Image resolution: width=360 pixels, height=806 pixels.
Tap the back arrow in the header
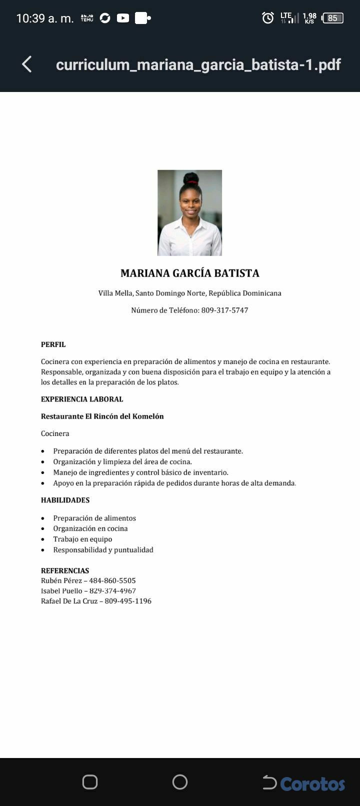coord(27,64)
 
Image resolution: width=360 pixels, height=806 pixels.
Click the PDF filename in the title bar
coord(198,64)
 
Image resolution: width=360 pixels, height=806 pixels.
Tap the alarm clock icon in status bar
coord(268,18)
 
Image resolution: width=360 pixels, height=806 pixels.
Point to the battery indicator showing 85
coord(333,18)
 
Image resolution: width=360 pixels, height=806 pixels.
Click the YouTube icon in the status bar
coord(123,18)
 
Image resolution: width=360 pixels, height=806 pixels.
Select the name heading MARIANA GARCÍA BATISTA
coord(189,273)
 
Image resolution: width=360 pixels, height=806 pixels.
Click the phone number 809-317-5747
coord(224,310)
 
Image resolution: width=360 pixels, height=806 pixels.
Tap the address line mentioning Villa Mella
coord(189,293)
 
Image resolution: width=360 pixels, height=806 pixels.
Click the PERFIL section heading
coord(53,344)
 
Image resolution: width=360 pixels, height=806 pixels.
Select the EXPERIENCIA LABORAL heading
coord(82,399)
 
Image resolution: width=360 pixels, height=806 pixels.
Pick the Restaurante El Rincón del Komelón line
coord(102,416)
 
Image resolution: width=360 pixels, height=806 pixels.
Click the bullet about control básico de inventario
coord(140,472)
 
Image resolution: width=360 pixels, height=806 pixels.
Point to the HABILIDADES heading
coord(65,500)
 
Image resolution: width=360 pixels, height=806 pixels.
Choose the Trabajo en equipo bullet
coord(82,539)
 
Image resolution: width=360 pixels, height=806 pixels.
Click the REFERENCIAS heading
coord(65,570)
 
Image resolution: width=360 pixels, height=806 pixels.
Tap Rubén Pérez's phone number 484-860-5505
coord(112,580)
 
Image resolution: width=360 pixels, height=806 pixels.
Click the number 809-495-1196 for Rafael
coord(128,601)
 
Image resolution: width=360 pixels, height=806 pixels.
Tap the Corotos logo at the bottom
coord(312,783)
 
